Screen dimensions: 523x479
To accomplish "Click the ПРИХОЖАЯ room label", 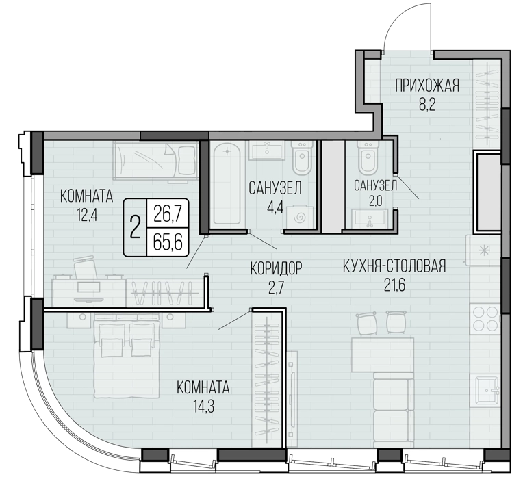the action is [427, 86].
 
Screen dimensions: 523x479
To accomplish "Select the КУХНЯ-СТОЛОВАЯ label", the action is [394, 266].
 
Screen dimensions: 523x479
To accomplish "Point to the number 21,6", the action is [394, 285].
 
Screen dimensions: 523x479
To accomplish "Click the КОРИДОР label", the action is [276, 268].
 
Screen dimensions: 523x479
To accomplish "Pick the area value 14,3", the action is [203, 406].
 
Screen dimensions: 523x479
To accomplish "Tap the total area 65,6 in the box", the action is [168, 242].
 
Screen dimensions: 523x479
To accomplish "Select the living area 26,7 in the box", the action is [168, 214].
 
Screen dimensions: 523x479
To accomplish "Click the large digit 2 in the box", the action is [135, 227].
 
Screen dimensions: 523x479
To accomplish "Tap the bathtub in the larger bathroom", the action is [227, 183].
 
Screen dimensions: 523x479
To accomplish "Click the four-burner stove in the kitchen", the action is [485, 319].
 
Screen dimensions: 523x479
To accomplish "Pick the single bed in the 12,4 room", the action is [156, 161].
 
